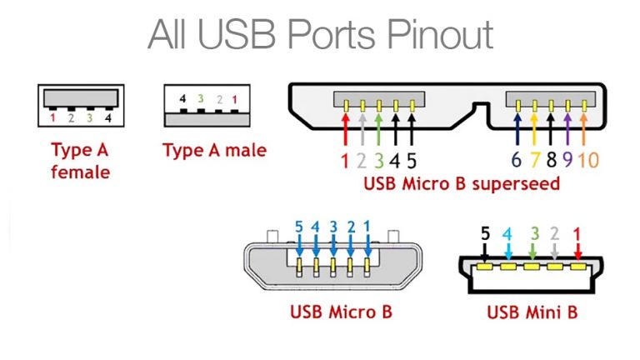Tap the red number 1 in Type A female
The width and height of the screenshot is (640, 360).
click(x=52, y=117)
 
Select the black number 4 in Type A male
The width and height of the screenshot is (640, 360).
click(x=182, y=99)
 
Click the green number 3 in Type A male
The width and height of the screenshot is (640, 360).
click(x=200, y=99)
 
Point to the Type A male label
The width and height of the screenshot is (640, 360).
click(x=214, y=150)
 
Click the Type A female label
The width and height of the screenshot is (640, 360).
click(x=80, y=161)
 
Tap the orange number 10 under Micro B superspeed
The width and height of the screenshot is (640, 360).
click(x=587, y=161)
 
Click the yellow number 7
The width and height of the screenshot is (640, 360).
click(x=535, y=161)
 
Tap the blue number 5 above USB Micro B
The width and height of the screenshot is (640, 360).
click(x=299, y=226)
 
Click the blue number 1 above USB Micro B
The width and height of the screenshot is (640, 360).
click(x=367, y=226)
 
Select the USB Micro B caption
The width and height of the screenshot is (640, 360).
click(x=341, y=313)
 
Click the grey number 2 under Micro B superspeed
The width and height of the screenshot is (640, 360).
click(x=362, y=161)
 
